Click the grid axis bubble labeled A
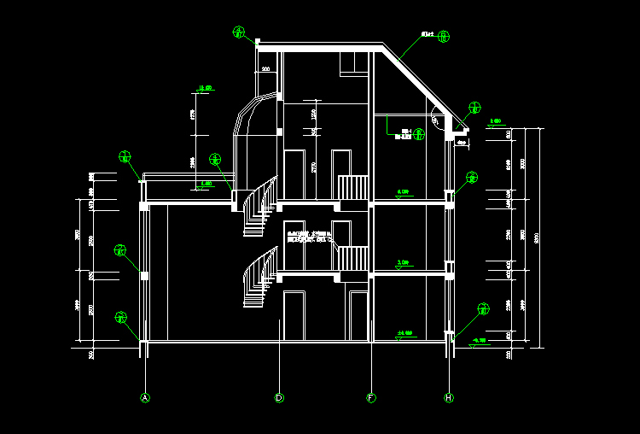(145, 397)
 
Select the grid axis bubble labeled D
(279, 397)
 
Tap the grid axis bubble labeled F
(371, 397)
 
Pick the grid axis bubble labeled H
(449, 397)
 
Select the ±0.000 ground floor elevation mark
(404, 333)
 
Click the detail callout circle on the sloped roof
(444, 36)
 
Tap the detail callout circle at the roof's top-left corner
(240, 32)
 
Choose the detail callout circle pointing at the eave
(475, 108)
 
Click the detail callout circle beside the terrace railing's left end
(125, 156)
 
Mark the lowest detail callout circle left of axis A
(121, 317)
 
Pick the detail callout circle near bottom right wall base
(484, 308)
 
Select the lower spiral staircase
(259, 278)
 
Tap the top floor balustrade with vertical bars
(353, 187)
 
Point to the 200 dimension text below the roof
(265, 69)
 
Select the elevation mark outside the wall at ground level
(479, 341)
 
